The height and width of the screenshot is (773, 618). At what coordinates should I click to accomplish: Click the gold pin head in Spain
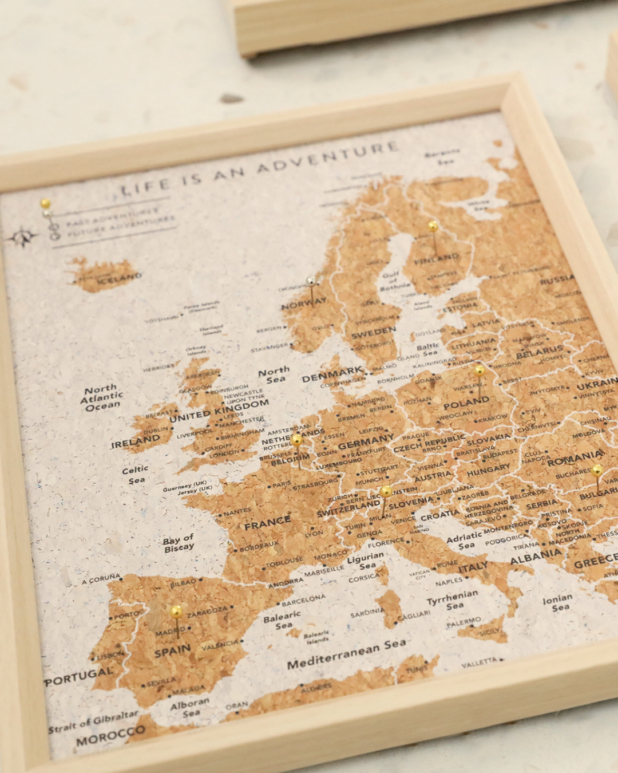coord(177,611)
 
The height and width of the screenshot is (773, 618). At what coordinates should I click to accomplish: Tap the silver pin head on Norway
coord(311,281)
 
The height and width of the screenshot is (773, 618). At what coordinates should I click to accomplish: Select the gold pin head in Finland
coord(433,226)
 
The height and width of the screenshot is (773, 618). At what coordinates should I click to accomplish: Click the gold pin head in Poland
coord(479,370)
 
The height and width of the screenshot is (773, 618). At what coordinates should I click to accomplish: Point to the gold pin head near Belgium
coord(296,440)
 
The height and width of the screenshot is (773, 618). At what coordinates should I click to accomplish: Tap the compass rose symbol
coord(23,236)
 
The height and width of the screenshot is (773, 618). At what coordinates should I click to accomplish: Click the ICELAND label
coord(119,278)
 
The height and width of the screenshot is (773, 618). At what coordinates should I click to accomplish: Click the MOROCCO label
coord(110,736)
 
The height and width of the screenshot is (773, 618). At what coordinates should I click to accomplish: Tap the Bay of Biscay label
coord(179,543)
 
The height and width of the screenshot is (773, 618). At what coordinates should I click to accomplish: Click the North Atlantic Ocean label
coord(102,397)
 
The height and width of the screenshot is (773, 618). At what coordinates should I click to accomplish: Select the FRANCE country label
coord(267,522)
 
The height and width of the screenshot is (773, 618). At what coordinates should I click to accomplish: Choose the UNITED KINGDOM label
coord(219,411)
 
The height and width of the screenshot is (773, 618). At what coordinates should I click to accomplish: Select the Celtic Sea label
coord(136,475)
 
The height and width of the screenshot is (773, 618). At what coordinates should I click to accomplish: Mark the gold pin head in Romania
coord(597,470)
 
